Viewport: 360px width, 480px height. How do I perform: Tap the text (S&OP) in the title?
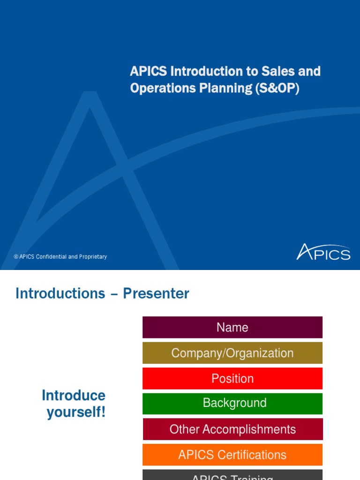click(277, 88)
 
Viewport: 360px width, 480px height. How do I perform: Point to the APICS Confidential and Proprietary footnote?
click(60, 257)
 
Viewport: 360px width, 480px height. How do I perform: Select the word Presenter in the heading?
click(156, 293)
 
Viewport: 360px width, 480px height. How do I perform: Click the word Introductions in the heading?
click(60, 293)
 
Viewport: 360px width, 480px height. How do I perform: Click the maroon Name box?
click(232, 327)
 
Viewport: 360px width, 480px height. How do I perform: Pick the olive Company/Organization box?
click(232, 353)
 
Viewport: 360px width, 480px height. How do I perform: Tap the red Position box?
click(232, 378)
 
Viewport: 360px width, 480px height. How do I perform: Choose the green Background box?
click(232, 404)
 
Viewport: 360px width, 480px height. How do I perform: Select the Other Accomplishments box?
click(232, 429)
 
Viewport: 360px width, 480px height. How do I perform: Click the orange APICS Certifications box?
click(232, 455)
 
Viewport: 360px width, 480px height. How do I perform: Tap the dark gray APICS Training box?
click(232, 475)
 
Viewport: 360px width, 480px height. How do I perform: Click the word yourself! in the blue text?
click(76, 413)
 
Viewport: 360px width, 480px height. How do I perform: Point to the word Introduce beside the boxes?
click(74, 395)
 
